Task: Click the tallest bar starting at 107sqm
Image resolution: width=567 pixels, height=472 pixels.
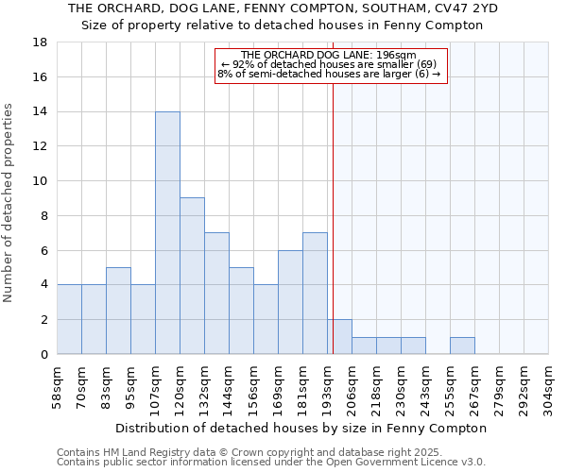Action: [x=167, y=232]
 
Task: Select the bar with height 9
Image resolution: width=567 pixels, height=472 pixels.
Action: [x=192, y=276]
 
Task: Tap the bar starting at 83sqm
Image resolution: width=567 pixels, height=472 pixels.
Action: [x=118, y=311]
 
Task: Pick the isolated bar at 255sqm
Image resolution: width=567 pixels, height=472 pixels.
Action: [x=462, y=346]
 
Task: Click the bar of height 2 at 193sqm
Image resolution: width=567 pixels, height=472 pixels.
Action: [x=339, y=337]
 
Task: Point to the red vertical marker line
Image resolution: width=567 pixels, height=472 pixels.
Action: [x=333, y=217]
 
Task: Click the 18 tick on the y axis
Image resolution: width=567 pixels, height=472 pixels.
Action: [x=42, y=42]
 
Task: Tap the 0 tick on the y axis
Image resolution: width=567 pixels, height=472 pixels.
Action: [x=44, y=355]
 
